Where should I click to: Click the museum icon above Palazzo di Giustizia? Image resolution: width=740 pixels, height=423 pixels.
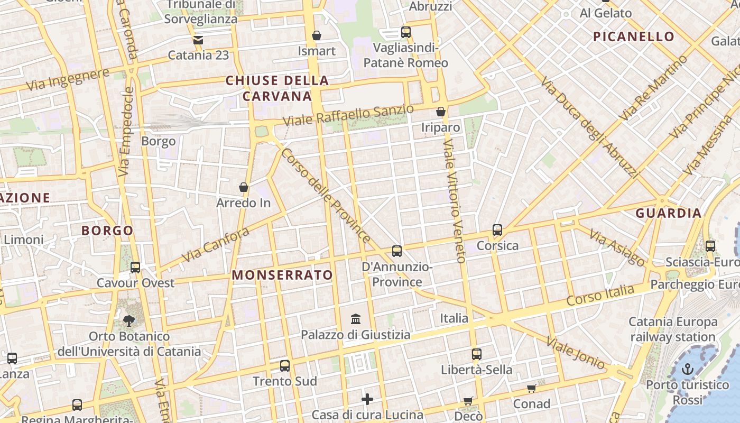click(x=356, y=319)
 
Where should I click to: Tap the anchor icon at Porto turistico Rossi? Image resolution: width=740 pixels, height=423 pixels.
click(x=688, y=369)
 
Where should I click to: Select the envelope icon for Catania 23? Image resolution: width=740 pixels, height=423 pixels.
click(x=198, y=40)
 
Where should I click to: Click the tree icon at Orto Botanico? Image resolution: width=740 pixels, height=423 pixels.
click(x=128, y=320)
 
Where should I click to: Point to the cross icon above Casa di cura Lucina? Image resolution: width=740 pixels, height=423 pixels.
click(x=367, y=399)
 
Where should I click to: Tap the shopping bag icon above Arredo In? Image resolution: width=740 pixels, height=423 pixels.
click(x=244, y=187)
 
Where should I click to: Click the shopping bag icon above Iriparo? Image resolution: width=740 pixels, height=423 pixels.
click(x=441, y=112)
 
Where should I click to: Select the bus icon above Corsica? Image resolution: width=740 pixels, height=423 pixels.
click(x=497, y=230)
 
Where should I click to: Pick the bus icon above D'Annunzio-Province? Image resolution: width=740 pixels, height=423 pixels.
click(x=397, y=251)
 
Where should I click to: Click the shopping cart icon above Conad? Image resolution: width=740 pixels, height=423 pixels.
click(x=532, y=388)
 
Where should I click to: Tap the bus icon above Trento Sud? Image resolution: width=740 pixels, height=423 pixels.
click(x=285, y=365)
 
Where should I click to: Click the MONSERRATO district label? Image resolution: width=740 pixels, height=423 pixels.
click(x=282, y=275)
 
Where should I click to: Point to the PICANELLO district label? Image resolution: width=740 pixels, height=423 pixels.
click(x=633, y=36)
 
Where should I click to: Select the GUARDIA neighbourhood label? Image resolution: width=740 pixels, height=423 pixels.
click(x=668, y=213)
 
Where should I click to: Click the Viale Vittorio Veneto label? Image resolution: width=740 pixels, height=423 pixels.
click(x=455, y=201)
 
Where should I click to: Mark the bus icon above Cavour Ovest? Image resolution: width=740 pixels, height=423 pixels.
click(x=135, y=267)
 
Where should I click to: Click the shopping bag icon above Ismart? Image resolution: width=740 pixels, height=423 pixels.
click(x=317, y=35)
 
